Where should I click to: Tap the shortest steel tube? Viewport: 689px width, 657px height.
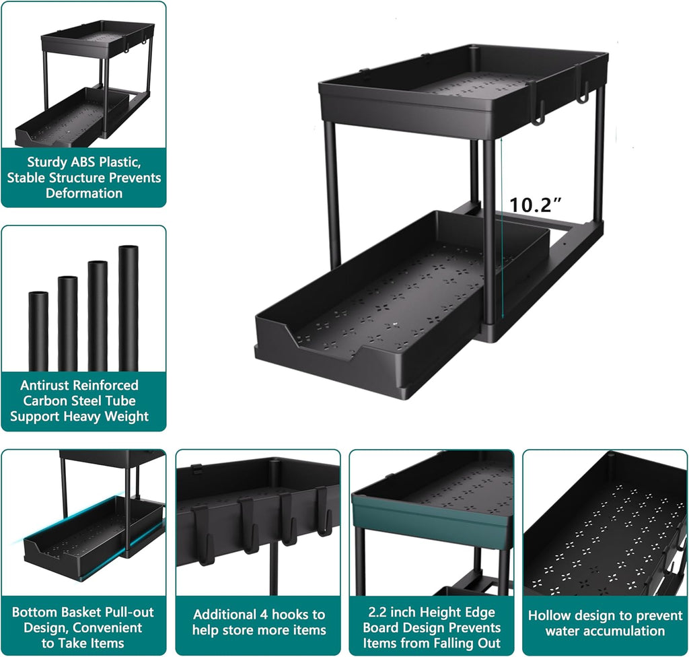pyautogui.click(x=38, y=331)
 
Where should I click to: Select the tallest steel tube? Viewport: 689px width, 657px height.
pyautogui.click(x=128, y=308)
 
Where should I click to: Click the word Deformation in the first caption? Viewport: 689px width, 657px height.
pyautogui.click(x=84, y=193)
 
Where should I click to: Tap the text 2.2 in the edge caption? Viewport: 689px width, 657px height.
pyautogui.click(x=379, y=613)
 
